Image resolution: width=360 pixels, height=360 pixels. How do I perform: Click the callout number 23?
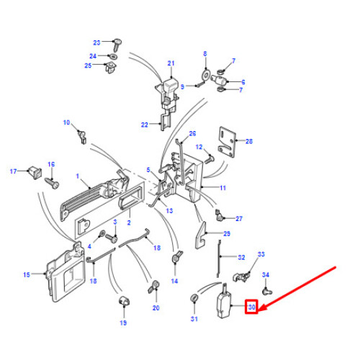(97, 42)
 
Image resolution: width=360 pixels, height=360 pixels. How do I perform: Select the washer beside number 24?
(114, 55)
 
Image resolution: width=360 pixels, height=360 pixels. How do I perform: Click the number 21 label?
(171, 63)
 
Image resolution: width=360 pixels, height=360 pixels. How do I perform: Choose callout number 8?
(204, 54)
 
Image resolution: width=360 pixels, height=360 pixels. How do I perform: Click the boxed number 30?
(251, 307)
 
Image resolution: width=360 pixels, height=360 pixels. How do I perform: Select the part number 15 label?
(27, 274)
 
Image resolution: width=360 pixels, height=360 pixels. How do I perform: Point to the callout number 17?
(12, 171)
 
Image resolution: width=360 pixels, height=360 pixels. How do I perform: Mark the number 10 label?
(67, 123)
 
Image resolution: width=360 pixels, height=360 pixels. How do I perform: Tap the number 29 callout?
(226, 235)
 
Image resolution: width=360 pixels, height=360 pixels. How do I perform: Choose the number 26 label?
(192, 134)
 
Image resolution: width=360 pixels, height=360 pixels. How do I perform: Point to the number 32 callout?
(241, 257)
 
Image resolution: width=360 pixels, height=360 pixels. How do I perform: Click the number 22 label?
(144, 125)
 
